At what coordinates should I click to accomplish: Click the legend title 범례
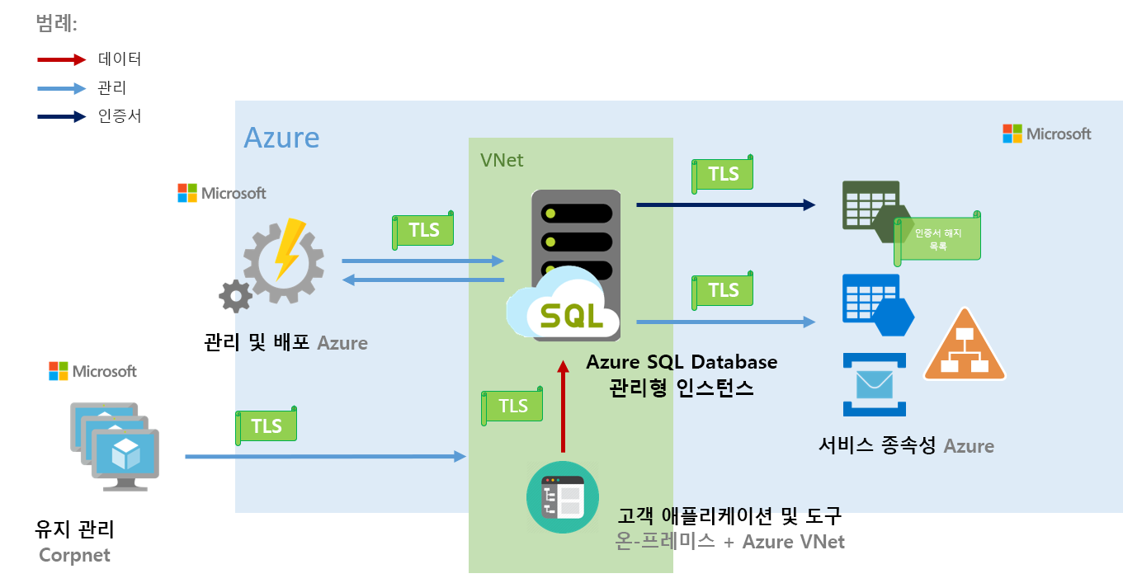56,24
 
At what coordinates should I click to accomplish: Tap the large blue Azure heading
281,137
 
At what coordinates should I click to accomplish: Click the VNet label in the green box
502,159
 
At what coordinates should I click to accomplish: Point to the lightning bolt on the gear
286,248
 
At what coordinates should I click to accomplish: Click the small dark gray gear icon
236,295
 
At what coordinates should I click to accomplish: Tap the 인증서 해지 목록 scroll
938,237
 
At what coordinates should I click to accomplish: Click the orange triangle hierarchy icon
965,347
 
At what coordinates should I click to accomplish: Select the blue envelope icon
874,384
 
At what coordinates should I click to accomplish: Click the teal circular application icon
562,497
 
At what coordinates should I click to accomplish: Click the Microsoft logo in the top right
1046,134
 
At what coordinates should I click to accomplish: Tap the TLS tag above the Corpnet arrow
266,425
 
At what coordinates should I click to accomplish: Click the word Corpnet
74,555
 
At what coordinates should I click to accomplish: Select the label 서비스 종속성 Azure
906,446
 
